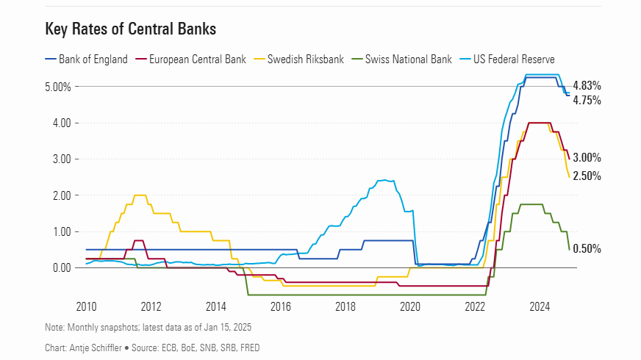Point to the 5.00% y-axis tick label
point(59,87)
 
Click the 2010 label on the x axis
point(86,306)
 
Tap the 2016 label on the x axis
point(281,306)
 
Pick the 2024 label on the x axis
point(540,306)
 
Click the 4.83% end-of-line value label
point(587,85)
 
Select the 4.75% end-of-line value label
point(587,100)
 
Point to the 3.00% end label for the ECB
point(587,157)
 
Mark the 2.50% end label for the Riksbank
point(587,176)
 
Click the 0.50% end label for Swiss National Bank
point(587,249)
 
